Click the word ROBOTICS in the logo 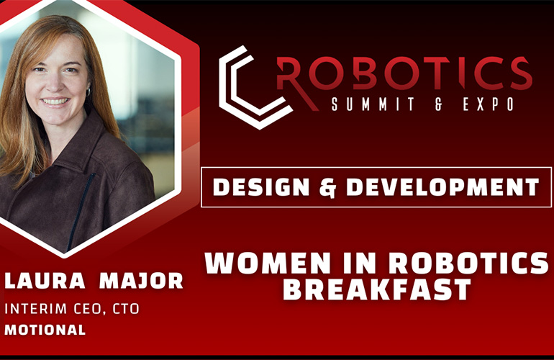pyautogui.click(x=404, y=74)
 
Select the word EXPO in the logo pyautogui.click(x=489, y=104)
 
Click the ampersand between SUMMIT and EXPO pyautogui.click(x=438, y=104)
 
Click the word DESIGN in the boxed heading pyautogui.click(x=261, y=186)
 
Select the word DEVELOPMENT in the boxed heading pyautogui.click(x=442, y=186)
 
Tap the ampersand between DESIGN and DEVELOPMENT pyautogui.click(x=327, y=187)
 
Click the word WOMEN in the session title pyautogui.click(x=268, y=263)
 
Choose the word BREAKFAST pyautogui.click(x=376, y=289)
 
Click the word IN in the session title pyautogui.click(x=359, y=263)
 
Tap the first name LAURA pyautogui.click(x=45, y=280)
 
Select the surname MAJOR pyautogui.click(x=141, y=280)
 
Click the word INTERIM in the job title pyautogui.click(x=35, y=309)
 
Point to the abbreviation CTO pyautogui.click(x=126, y=309)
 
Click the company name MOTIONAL pyautogui.click(x=45, y=330)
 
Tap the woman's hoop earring pyautogui.click(x=88, y=91)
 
